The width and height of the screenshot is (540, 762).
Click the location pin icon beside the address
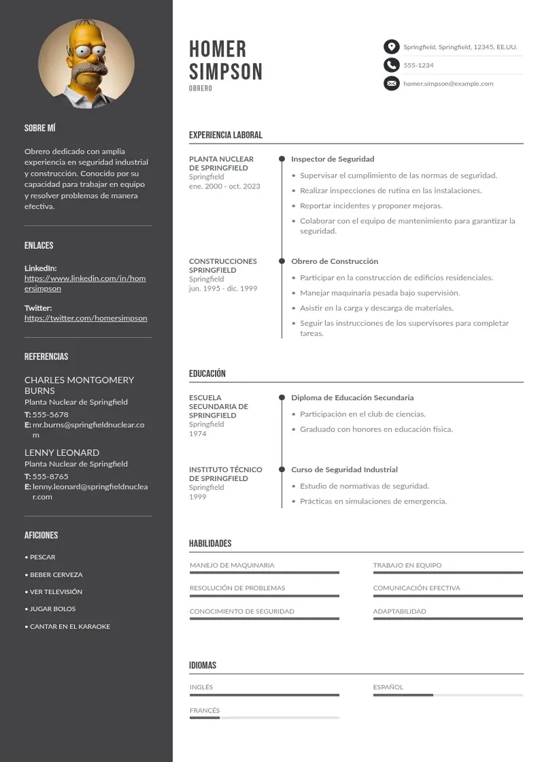pyautogui.click(x=391, y=47)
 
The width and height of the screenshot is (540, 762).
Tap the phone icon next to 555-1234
pyautogui.click(x=391, y=65)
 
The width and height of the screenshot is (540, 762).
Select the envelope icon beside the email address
pyautogui.click(x=391, y=84)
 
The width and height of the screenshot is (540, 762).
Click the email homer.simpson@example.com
pyautogui.click(x=448, y=84)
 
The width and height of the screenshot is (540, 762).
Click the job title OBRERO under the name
pyautogui.click(x=201, y=89)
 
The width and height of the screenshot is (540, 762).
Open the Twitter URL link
pyautogui.click(x=86, y=318)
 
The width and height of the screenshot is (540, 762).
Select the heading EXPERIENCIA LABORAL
pyautogui.click(x=225, y=135)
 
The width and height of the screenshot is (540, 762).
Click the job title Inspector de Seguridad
pyautogui.click(x=333, y=159)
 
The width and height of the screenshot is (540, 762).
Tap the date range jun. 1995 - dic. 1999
pyautogui.click(x=223, y=288)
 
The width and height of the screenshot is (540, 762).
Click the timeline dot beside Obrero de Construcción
pyautogui.click(x=282, y=261)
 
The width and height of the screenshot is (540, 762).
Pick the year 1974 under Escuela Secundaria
pyautogui.click(x=198, y=433)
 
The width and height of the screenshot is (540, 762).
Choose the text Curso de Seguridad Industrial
pyautogui.click(x=344, y=469)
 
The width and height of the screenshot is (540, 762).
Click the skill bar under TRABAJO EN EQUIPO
pyautogui.click(x=448, y=573)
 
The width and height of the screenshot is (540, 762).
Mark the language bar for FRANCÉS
pyautogui.click(x=264, y=718)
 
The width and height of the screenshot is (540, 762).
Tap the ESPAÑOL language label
pyautogui.click(x=388, y=687)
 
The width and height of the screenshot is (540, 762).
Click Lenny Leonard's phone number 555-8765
pyautogui.click(x=50, y=476)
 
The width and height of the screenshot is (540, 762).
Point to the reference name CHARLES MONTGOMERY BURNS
pyautogui.click(x=79, y=385)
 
